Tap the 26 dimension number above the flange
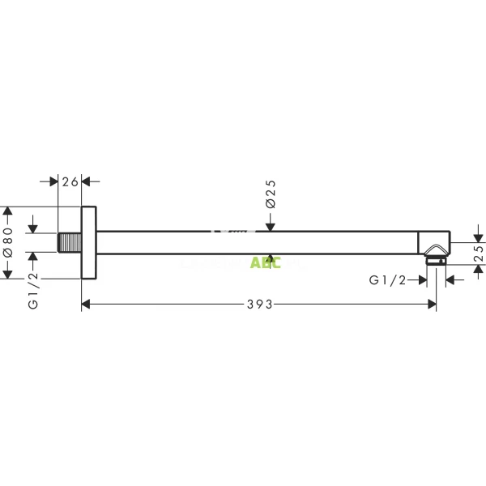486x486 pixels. [70, 182]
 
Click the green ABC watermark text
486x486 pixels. [265, 262]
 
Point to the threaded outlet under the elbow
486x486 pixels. [436, 260]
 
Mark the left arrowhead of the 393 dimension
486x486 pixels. [86, 304]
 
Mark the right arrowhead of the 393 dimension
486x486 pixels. [432, 304]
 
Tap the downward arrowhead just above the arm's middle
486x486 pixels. [271, 225]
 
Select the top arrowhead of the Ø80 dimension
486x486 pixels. [8, 211]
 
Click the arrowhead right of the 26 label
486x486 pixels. [86, 182]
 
